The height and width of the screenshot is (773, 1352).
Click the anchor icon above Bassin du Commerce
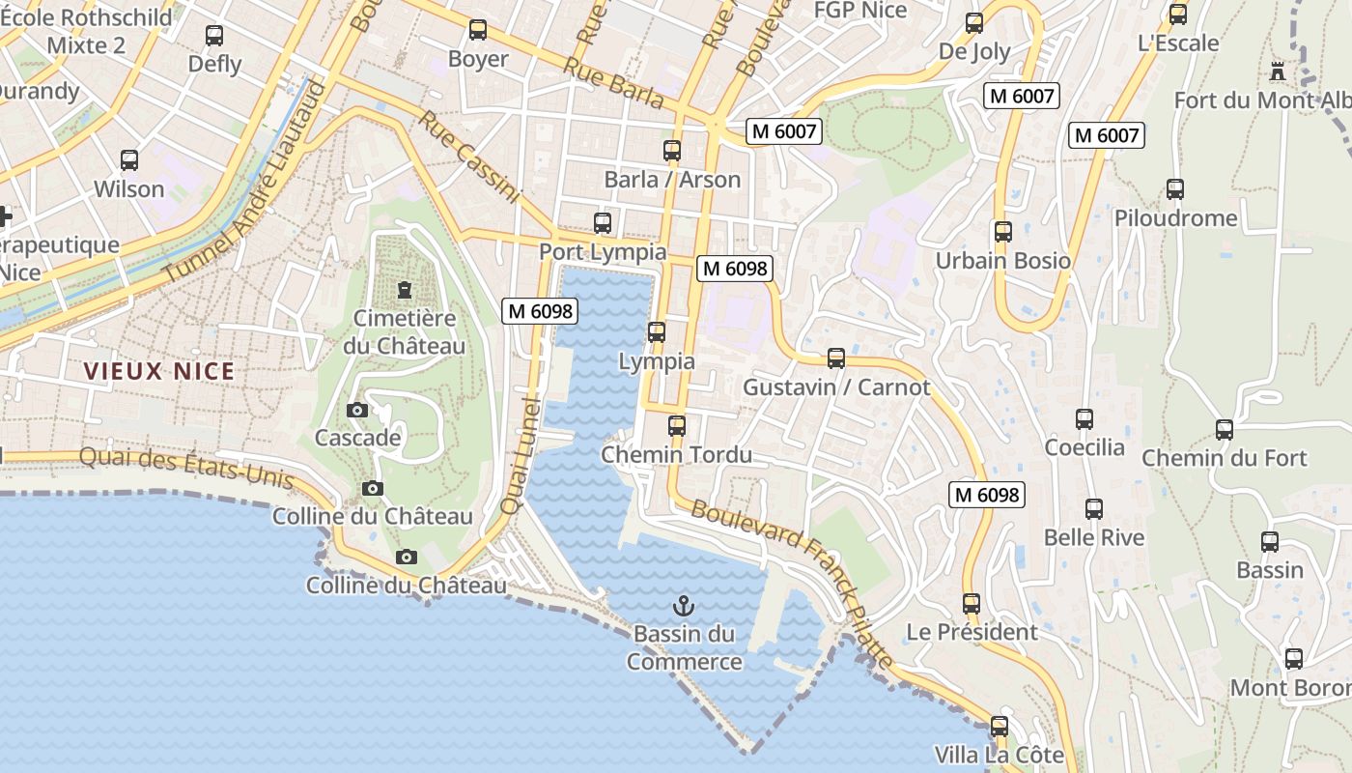[x=684, y=606]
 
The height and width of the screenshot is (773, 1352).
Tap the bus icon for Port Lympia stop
[x=603, y=223]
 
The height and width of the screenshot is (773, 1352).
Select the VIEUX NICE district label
[x=159, y=371]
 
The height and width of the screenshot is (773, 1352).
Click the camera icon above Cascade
[x=357, y=410]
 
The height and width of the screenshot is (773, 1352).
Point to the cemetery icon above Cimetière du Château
[x=405, y=290]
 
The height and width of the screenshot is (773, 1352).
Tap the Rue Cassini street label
[x=469, y=157]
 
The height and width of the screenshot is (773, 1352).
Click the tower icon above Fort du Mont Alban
[x=1279, y=71]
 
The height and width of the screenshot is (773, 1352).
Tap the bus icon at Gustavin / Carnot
[x=836, y=358]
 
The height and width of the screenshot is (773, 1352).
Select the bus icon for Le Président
[x=972, y=604]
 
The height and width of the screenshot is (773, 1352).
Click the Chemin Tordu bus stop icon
[x=677, y=426]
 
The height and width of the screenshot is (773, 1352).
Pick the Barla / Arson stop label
[x=672, y=180]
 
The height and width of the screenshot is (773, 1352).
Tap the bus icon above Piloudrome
[x=1175, y=189]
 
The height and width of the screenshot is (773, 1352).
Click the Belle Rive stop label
[x=1094, y=538]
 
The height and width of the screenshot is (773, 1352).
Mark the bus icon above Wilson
[x=129, y=160]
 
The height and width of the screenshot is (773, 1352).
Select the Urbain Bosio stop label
[x=1003, y=261]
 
